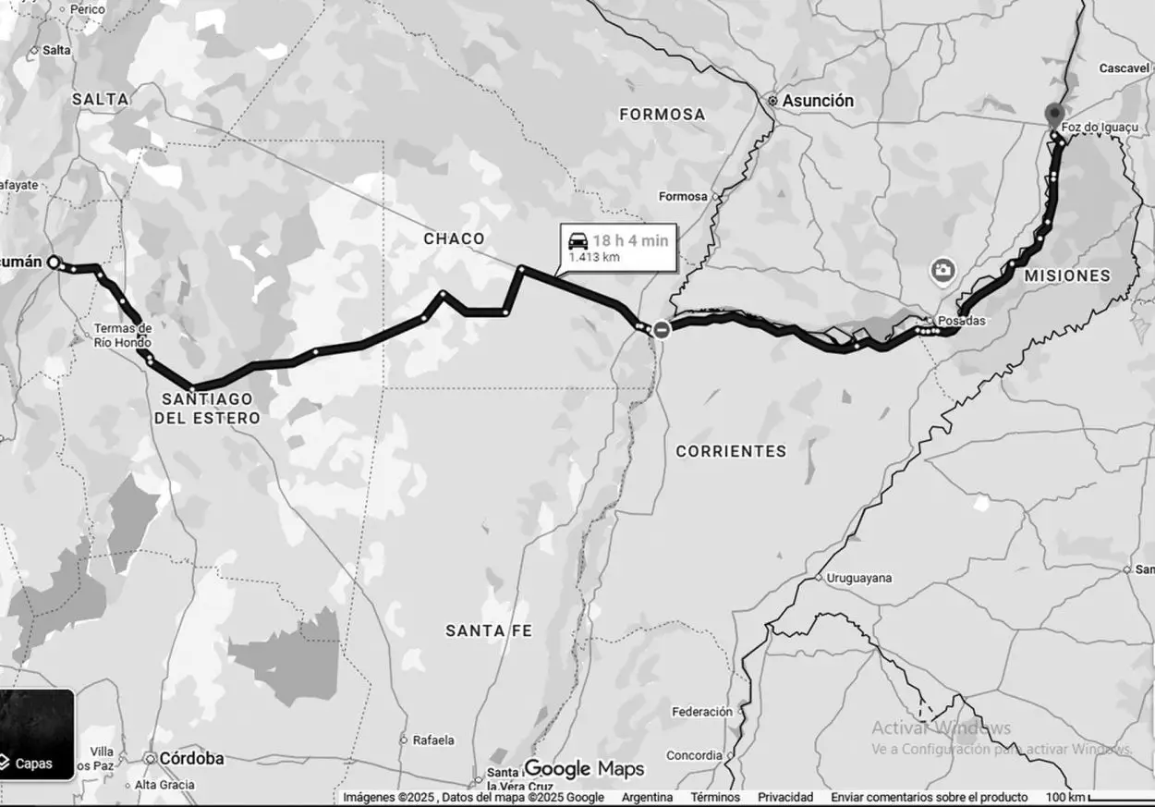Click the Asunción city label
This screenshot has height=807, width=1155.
[x=818, y=101]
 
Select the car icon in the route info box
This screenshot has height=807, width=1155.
[x=577, y=240]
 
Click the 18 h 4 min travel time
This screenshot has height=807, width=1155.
[x=630, y=240]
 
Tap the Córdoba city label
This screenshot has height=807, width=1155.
[x=191, y=758]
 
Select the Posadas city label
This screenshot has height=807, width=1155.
[x=961, y=321]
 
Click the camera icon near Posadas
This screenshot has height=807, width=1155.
[x=942, y=270]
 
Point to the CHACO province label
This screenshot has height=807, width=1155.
[x=454, y=238]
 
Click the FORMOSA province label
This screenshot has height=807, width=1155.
[x=662, y=115]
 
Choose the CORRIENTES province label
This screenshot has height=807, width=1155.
[x=731, y=451]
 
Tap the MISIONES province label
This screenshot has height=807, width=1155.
[x=1066, y=275]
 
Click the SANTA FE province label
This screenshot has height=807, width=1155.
[x=489, y=630]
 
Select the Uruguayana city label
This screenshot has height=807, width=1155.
[x=858, y=578]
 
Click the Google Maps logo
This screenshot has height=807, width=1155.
[x=584, y=768]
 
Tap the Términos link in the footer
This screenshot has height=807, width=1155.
[x=714, y=797]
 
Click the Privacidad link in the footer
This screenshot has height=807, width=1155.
[x=785, y=797]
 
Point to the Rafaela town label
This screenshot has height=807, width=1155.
[x=433, y=740]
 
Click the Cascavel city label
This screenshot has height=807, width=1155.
[x=1123, y=68]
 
